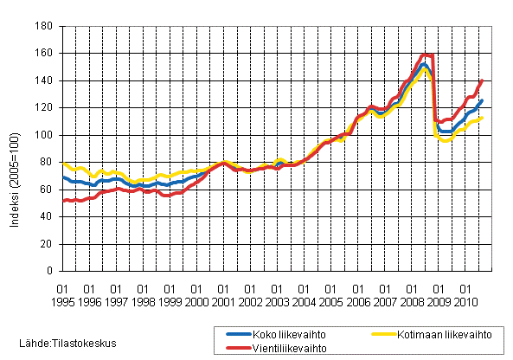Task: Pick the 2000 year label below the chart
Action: (196, 301)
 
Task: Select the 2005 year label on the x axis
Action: (330, 301)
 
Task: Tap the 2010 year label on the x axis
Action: (465, 301)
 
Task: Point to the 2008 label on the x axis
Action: (411, 301)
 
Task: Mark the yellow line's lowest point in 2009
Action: (446, 140)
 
